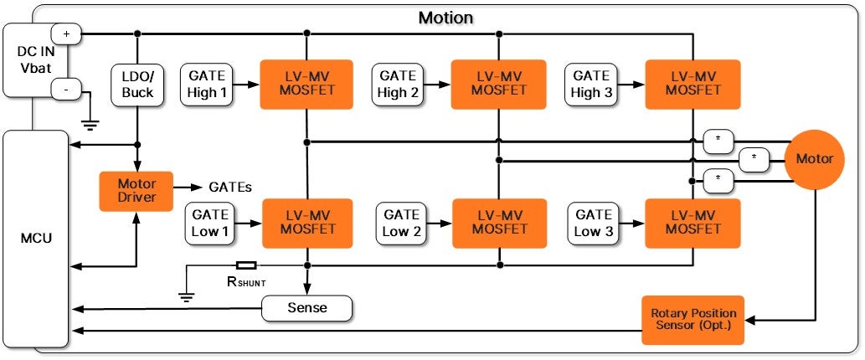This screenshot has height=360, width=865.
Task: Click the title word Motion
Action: click(445, 17)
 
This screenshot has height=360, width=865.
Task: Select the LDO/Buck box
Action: click(136, 84)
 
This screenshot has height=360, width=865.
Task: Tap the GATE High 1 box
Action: click(208, 84)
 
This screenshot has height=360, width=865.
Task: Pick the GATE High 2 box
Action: click(398, 84)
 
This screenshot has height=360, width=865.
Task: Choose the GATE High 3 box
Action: click(592, 84)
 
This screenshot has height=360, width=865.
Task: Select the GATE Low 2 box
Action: click(400, 224)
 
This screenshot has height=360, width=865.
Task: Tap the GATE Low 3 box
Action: click(594, 224)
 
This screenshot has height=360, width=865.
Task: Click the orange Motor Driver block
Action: click(136, 192)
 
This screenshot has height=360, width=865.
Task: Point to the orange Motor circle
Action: click(814, 159)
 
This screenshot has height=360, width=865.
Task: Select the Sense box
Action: click(306, 308)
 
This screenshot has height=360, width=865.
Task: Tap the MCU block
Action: click(35, 239)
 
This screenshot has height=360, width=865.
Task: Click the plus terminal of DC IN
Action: click(65, 34)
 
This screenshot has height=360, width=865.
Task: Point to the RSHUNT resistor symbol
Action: click(246, 265)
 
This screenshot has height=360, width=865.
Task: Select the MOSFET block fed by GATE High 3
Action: click(693, 84)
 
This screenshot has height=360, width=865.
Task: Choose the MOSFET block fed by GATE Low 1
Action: click(307, 223)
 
